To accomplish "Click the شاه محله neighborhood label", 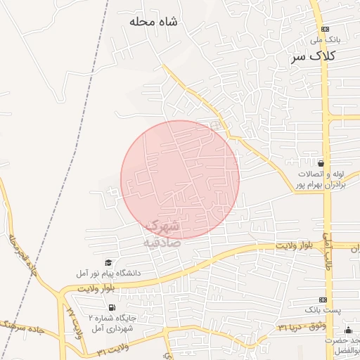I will tap(153, 22).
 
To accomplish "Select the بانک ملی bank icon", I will tap(324, 29).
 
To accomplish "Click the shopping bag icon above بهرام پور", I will tap(321, 162).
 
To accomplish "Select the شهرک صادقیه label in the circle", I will tap(162, 233).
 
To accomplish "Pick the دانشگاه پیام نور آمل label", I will tap(110, 272).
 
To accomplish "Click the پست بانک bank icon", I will tap(323, 299).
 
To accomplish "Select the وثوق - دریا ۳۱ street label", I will tap(303, 327).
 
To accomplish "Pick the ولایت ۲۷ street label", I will tap(75, 321).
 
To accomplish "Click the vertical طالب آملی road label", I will tap(328, 253).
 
